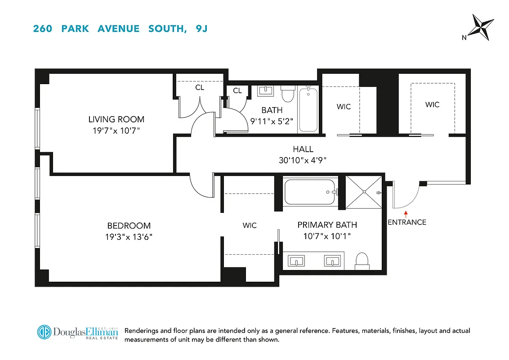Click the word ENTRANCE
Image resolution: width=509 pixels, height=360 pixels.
tap(406, 222)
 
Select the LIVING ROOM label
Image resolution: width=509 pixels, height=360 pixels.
tap(116, 119)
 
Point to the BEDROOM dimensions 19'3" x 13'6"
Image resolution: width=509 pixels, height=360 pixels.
tap(129, 236)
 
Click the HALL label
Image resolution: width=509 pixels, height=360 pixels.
tap(303, 149)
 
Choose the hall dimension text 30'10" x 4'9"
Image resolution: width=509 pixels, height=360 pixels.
tap(303, 160)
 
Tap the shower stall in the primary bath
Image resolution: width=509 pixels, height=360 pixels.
tap(363, 193)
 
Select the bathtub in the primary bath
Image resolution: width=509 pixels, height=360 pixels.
tap(311, 192)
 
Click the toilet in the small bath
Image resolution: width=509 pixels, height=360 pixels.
tap(287, 95)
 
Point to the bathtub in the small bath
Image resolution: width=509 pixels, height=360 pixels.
tap(308, 110)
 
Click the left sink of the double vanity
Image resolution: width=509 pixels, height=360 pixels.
tap(296, 261)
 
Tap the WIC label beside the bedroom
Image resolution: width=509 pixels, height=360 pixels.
tap(250, 225)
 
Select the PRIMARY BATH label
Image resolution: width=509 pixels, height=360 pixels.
tap(327, 225)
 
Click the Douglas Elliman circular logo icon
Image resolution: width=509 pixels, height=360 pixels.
tap(44, 332)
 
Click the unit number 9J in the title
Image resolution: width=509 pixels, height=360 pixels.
tap(201, 29)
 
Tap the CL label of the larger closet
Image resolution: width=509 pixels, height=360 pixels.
tap(200, 87)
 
